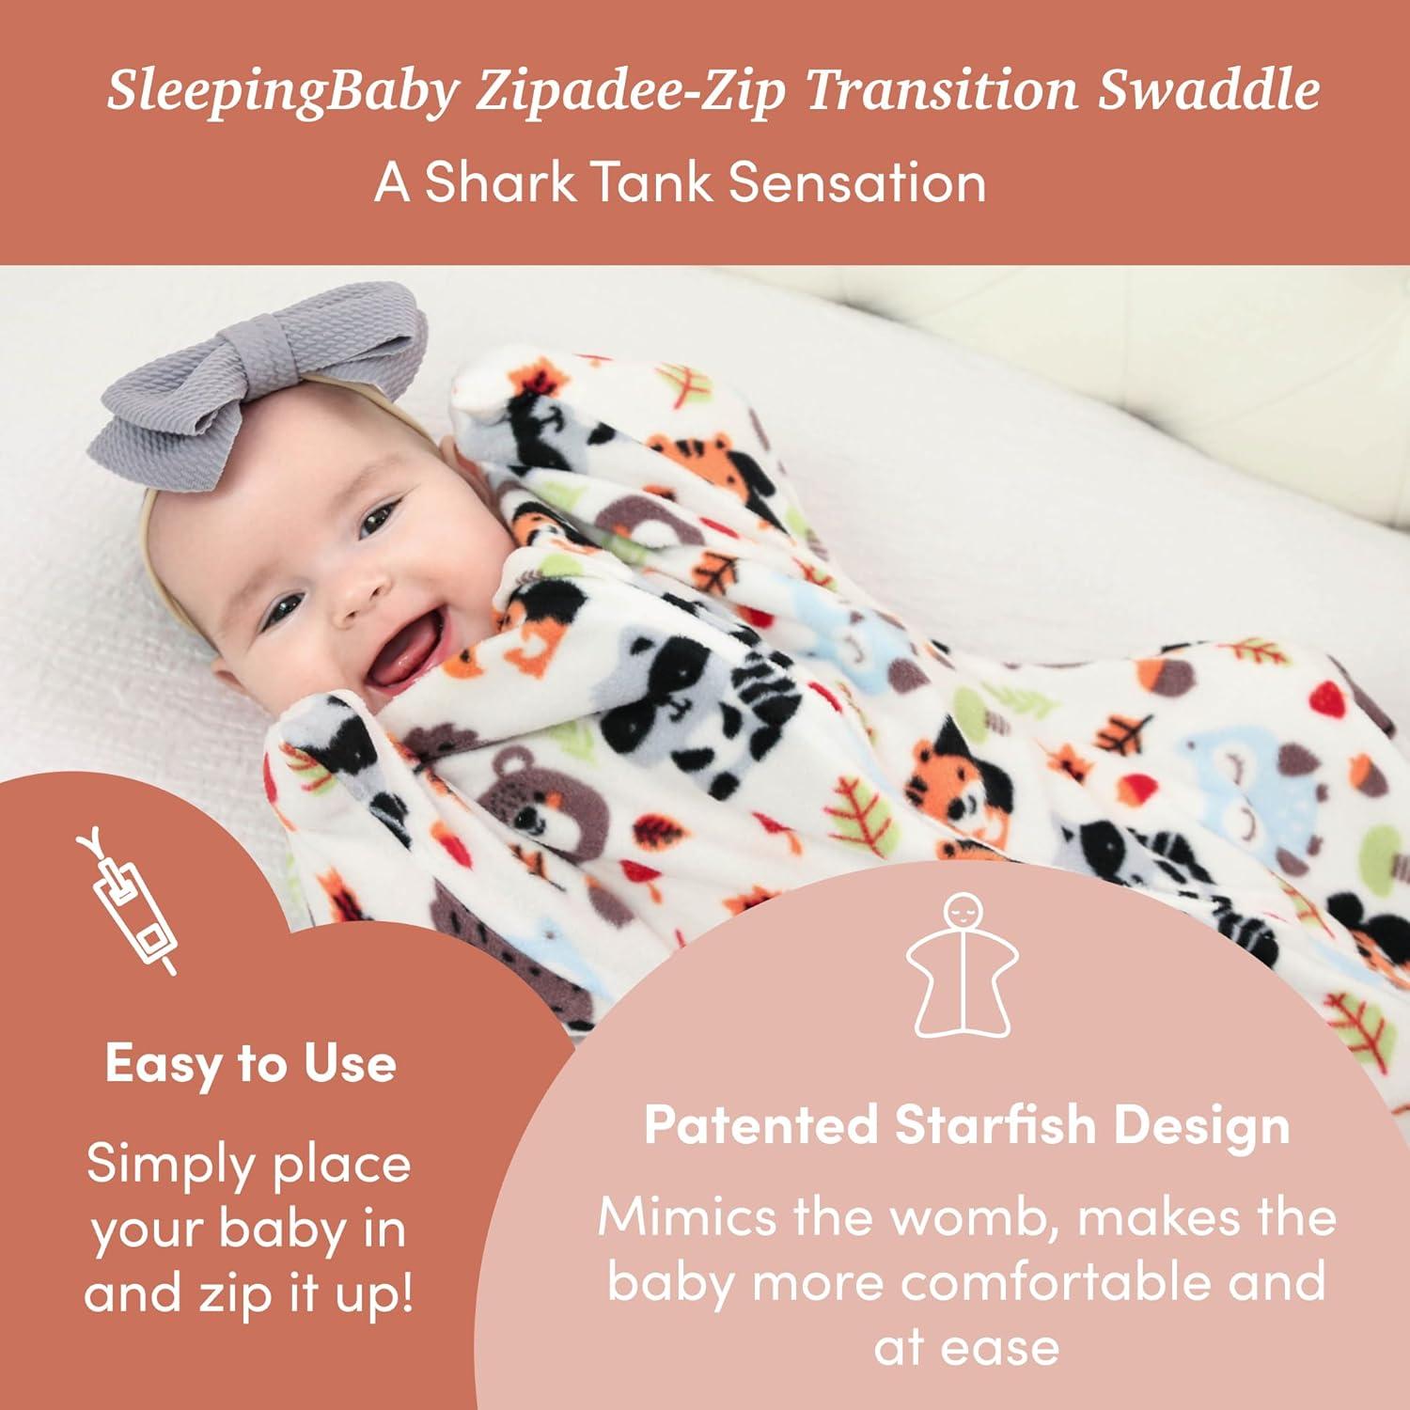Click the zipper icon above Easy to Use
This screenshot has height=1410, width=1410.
coord(127,902)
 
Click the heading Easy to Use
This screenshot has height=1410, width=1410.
coord(250,1064)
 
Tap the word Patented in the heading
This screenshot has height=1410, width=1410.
coord(761,1124)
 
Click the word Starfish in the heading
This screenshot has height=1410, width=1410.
coord(995,1124)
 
